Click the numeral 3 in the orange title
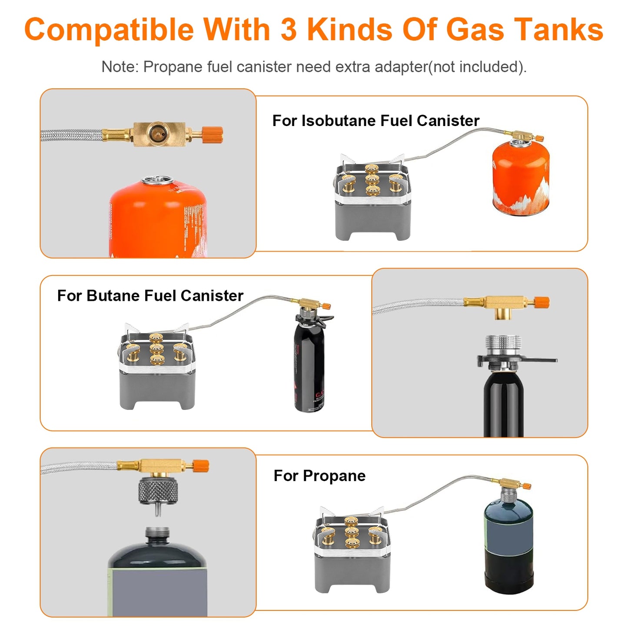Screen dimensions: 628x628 pyautogui.click(x=289, y=30)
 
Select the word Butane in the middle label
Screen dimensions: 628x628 pyautogui.click(x=113, y=296)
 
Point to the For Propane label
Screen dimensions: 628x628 pyautogui.click(x=319, y=476)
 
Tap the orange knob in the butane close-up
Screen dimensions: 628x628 pyautogui.click(x=542, y=302)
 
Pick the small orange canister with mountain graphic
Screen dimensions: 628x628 pyautogui.click(x=520, y=179)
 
